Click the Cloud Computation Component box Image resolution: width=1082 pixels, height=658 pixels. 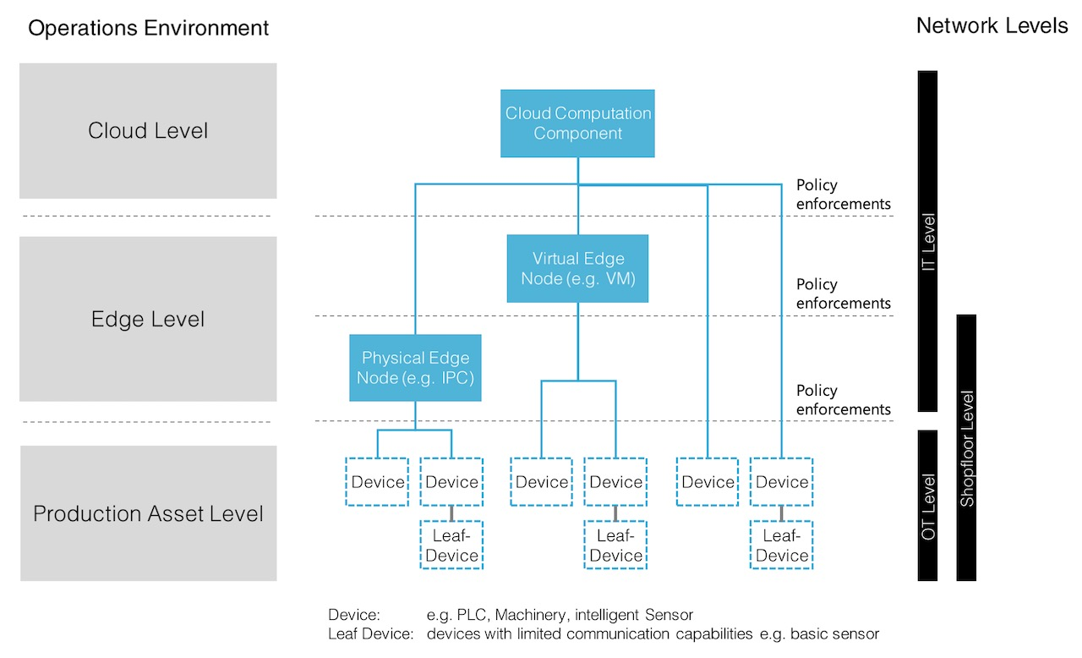(578, 123)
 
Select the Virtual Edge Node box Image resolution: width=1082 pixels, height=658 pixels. (578, 268)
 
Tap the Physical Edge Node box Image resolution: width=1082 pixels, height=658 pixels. (415, 368)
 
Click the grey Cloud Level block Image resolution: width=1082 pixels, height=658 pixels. (148, 131)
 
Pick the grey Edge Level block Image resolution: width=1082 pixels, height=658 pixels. (148, 319)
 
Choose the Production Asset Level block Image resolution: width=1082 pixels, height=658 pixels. (148, 513)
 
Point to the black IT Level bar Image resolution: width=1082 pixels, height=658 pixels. (927, 241)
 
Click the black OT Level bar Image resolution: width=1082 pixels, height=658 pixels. (927, 506)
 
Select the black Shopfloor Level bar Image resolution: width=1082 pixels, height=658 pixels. (966, 448)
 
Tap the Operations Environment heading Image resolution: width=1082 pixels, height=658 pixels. (148, 28)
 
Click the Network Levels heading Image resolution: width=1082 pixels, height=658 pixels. (992, 25)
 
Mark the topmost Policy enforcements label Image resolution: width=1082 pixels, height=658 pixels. (843, 195)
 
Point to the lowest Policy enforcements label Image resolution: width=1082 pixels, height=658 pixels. (843, 400)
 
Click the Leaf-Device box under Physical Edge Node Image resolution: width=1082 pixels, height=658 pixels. (451, 546)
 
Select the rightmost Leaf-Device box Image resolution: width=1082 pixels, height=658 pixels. (782, 546)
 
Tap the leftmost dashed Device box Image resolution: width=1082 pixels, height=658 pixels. (377, 482)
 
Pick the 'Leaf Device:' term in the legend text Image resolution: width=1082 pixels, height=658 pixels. (370, 633)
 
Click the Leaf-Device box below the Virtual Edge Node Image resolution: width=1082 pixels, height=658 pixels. (615, 546)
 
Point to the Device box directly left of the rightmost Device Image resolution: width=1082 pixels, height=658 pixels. (708, 482)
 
